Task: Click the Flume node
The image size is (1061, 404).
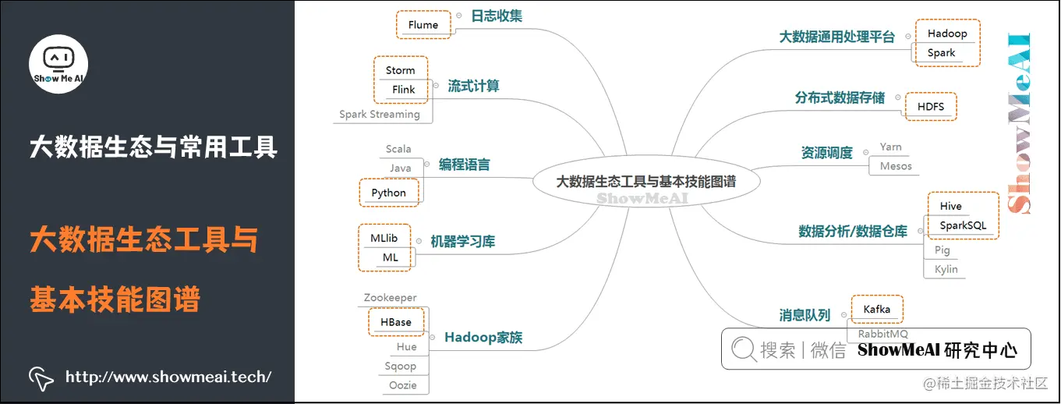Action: (423, 25)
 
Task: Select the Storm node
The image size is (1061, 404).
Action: (401, 70)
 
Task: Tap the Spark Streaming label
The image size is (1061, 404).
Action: (380, 115)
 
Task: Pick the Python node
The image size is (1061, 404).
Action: (388, 193)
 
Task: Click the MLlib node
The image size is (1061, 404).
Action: (384, 238)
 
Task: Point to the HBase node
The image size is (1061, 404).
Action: (396, 322)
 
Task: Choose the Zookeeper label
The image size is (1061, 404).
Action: (391, 298)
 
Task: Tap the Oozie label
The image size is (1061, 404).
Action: (403, 385)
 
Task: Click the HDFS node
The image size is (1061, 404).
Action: (931, 107)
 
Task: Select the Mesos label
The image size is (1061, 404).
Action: (896, 166)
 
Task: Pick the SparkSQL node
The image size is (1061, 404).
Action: (963, 225)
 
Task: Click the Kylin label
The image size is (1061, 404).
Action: (946, 269)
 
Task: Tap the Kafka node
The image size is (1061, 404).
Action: (877, 310)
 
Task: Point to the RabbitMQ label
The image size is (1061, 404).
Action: (883, 334)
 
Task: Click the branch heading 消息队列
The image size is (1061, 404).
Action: (805, 316)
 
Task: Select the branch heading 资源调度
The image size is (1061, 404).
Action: (827, 153)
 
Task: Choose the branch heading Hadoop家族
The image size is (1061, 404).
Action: (483, 338)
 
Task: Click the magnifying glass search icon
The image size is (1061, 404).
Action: (743, 349)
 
